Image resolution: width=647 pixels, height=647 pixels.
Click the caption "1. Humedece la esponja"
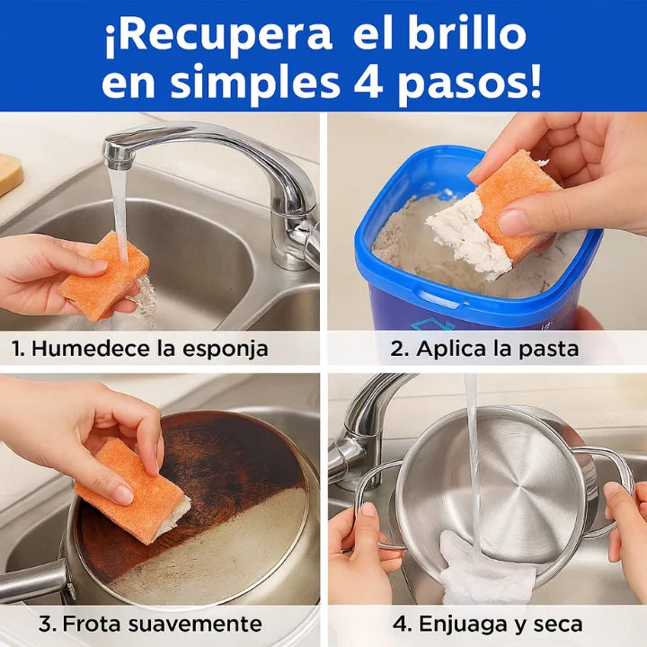140,349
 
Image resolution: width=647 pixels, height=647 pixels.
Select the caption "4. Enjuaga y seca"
487,624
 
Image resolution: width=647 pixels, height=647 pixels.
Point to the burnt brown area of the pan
225,467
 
